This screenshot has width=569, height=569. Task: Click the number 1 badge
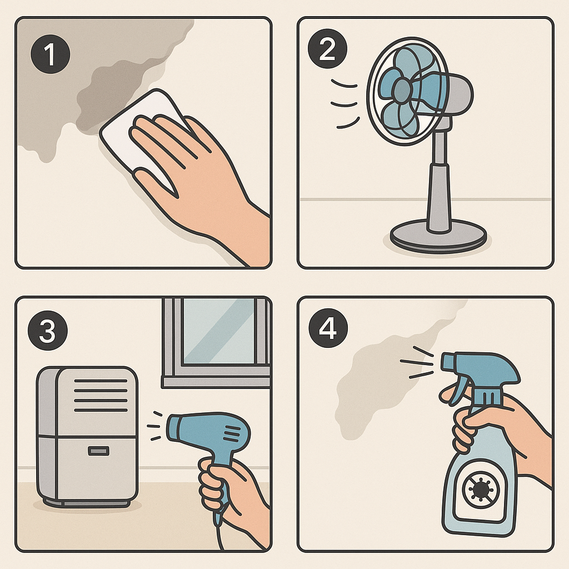click(51, 54)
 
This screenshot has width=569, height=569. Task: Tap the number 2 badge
click(327, 49)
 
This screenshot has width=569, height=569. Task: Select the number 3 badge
click(48, 330)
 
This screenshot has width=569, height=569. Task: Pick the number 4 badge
click(328, 328)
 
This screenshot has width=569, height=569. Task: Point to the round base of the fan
click(438, 236)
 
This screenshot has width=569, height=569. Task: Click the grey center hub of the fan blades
click(402, 90)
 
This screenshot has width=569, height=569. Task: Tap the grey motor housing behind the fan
click(458, 94)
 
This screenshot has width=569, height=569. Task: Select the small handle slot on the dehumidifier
click(98, 451)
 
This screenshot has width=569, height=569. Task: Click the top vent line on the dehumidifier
click(101, 381)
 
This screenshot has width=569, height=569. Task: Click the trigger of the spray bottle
click(458, 390)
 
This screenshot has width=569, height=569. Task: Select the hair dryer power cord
click(220, 533)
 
